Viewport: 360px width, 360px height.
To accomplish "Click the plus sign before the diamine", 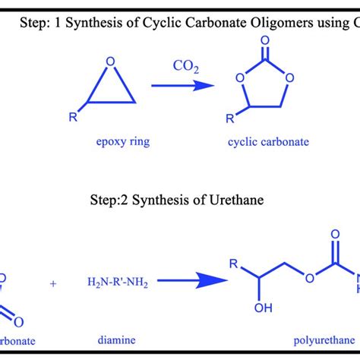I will click(53, 283).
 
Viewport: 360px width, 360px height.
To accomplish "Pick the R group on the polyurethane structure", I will click(235, 263).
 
